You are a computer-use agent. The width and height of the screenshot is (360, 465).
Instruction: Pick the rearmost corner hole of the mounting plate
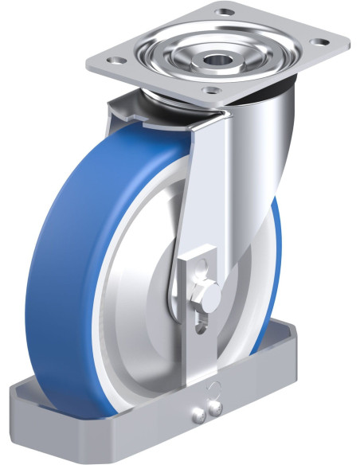tap(225, 13)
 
